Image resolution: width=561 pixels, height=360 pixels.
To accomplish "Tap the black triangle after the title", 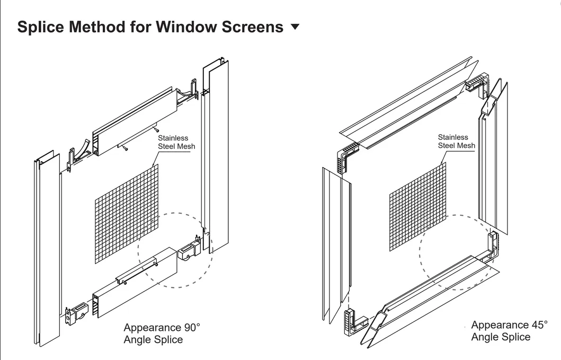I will point(296,27).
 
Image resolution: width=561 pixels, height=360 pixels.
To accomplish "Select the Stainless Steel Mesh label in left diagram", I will point(177,142).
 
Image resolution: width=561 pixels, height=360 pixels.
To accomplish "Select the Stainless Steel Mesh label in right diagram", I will point(456,142).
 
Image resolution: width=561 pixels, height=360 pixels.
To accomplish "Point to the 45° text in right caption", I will point(536,325).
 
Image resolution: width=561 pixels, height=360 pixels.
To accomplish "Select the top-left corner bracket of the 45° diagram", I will point(346,155).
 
